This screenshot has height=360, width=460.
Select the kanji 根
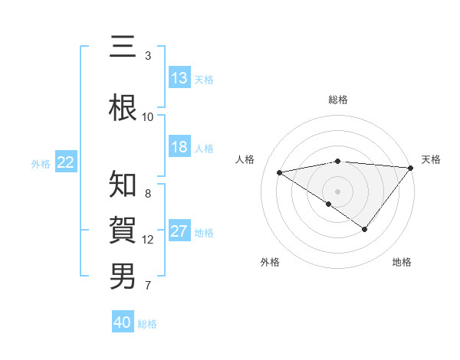pyautogui.click(x=123, y=108)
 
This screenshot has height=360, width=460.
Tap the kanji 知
pyautogui.click(x=123, y=185)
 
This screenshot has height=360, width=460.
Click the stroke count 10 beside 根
pyautogui.click(x=148, y=116)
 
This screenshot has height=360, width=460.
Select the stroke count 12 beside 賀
pyautogui.click(x=148, y=240)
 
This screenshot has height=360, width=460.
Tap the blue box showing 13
pyautogui.click(x=179, y=78)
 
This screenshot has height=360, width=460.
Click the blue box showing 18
pyautogui.click(x=179, y=148)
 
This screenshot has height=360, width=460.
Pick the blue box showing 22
pyautogui.click(x=66, y=162)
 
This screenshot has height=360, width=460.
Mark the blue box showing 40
pyautogui.click(x=123, y=322)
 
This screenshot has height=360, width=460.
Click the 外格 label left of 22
pyautogui.click(x=41, y=163)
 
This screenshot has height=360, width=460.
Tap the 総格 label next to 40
pyautogui.click(x=147, y=324)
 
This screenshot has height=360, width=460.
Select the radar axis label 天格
pyautogui.click(x=431, y=159)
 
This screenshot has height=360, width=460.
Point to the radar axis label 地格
pyautogui.click(x=402, y=262)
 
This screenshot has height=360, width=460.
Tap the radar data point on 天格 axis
pyautogui.click(x=411, y=167)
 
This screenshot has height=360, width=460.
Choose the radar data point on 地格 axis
pyautogui.click(x=365, y=229)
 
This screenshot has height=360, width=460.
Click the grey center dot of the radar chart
pyautogui.click(x=337, y=191)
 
